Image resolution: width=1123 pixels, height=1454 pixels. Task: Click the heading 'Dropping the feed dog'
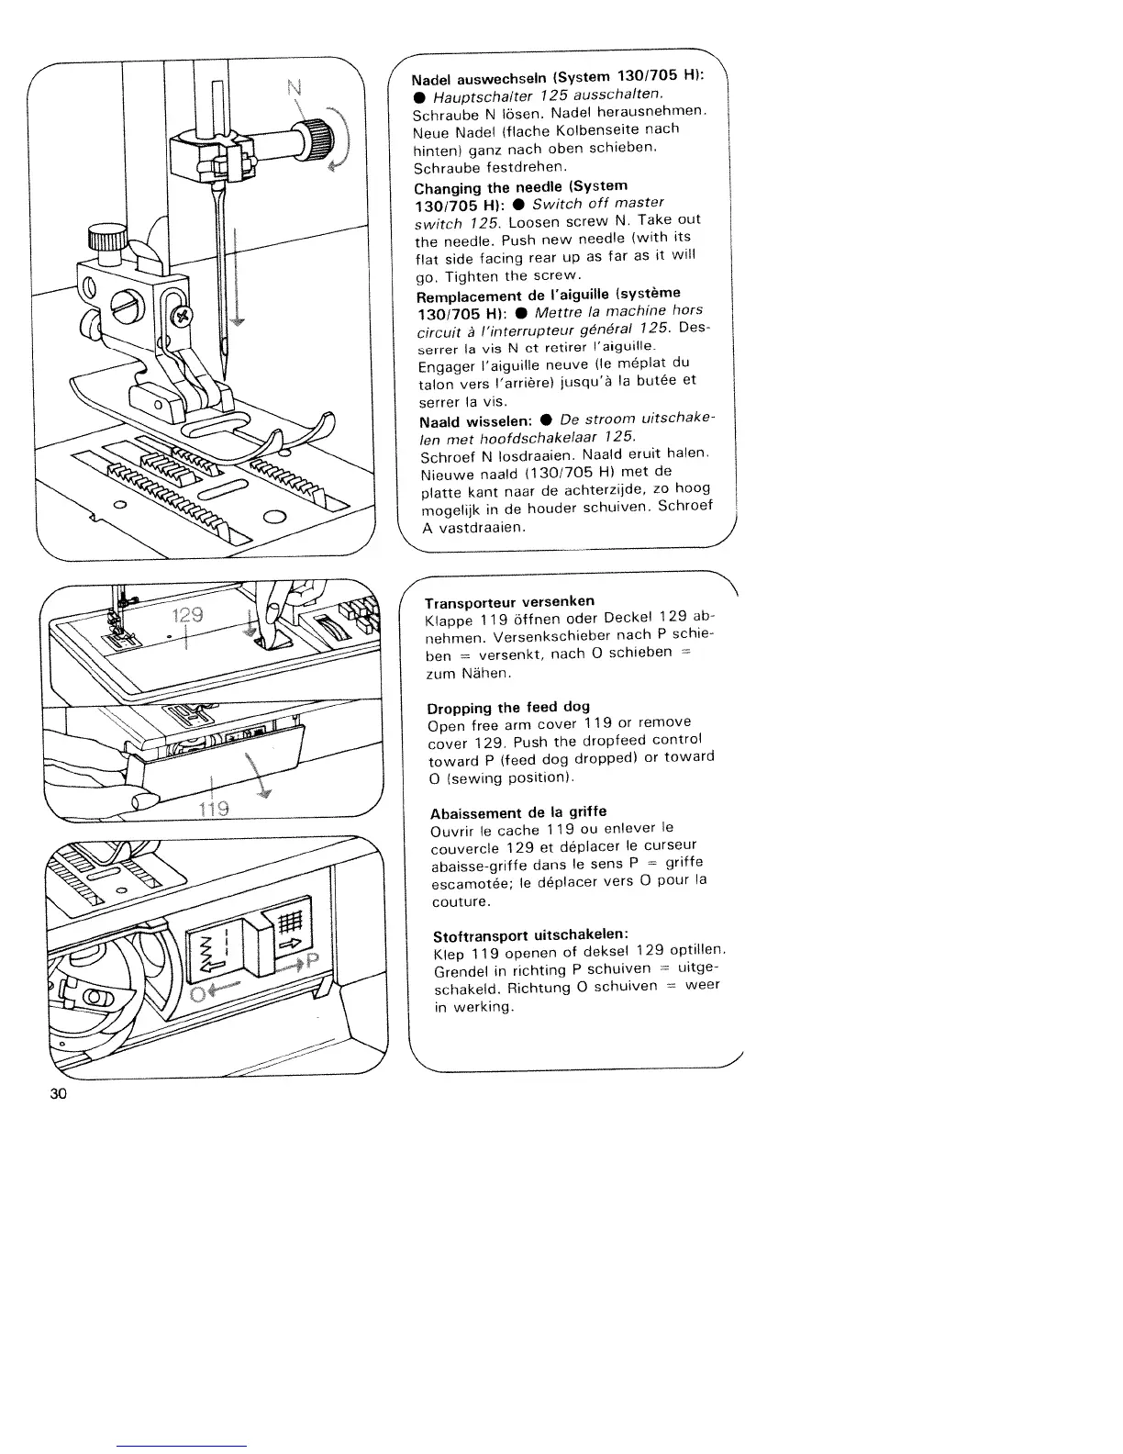click(508, 707)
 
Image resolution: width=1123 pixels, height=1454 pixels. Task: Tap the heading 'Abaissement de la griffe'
click(518, 812)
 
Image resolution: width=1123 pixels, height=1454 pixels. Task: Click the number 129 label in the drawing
click(186, 615)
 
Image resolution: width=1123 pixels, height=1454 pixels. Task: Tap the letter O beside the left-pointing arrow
click(197, 996)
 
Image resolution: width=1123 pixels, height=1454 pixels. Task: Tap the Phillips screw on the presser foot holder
click(182, 317)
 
